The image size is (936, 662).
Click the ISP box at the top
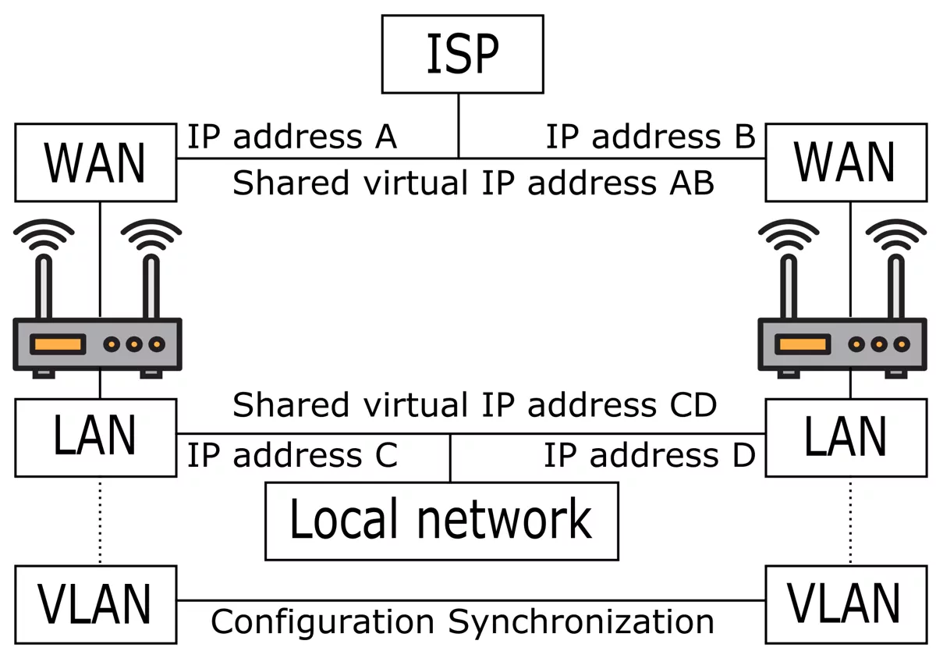462,54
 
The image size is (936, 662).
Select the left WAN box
95,162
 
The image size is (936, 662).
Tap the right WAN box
846,162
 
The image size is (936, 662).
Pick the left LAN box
95,437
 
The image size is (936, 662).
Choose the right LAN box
846,437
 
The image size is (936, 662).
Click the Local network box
441,521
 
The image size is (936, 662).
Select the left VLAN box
95,604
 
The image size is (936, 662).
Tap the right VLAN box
846,604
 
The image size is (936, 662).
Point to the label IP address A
292,137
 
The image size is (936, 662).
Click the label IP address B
650,137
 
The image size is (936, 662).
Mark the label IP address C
292,455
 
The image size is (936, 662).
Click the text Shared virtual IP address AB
473,183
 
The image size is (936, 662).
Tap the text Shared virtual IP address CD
473,406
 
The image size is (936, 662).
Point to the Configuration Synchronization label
463,622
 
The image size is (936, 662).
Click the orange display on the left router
57,343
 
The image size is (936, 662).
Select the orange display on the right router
803,343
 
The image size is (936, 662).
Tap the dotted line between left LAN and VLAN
100,521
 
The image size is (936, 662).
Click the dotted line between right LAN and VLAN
850,521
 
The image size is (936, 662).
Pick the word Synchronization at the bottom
580,622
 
